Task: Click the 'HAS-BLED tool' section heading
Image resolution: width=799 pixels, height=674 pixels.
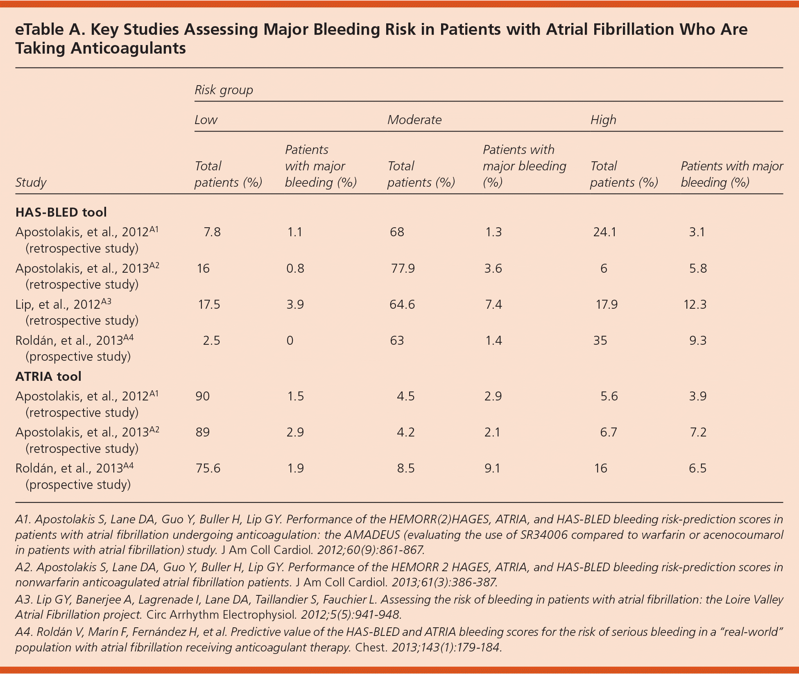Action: pyautogui.click(x=61, y=212)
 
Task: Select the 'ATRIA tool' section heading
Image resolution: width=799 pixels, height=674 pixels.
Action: pyautogui.click(x=48, y=376)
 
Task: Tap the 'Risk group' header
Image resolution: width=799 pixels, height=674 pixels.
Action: pyautogui.click(x=224, y=90)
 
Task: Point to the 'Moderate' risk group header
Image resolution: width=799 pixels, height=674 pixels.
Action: pyautogui.click(x=414, y=120)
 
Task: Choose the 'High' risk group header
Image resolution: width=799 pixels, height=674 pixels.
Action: pyautogui.click(x=603, y=120)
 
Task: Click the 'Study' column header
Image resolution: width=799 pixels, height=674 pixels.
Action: pyautogui.click(x=31, y=182)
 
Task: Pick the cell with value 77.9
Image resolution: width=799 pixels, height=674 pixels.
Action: pyautogui.click(x=403, y=268)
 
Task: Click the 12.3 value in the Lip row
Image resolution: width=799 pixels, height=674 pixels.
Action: pyautogui.click(x=695, y=304)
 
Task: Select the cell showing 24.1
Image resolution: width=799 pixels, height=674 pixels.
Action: pyautogui.click(x=604, y=232)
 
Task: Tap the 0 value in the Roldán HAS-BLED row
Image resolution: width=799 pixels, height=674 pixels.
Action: pyautogui.click(x=290, y=340)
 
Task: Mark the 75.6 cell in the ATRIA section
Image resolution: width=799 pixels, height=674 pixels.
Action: pyautogui.click(x=208, y=468)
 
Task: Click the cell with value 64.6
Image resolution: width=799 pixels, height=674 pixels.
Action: pyautogui.click(x=403, y=304)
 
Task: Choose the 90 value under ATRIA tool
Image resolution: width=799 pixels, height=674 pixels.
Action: pyautogui.click(x=202, y=396)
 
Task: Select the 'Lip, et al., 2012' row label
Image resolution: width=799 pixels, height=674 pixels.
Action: pyautogui.click(x=58, y=305)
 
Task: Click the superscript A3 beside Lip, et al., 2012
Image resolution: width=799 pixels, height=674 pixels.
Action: pyautogui.click(x=106, y=301)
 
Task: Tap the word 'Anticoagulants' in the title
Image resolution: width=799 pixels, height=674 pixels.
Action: pyautogui.click(x=128, y=48)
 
